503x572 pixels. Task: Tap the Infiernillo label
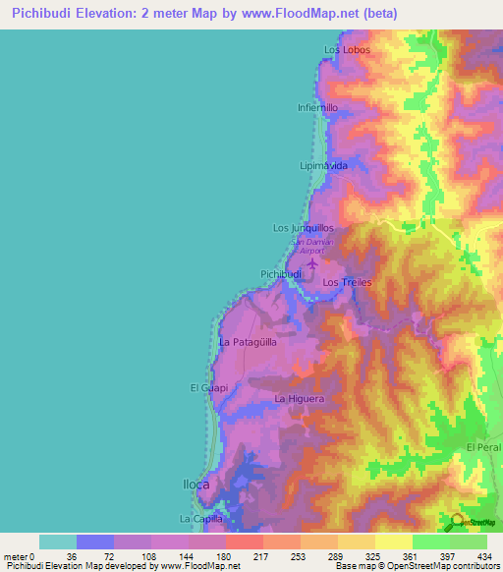tap(318, 107)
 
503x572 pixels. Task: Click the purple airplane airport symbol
tap(313, 262)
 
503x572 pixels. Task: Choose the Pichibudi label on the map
tap(281, 273)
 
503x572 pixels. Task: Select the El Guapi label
tap(208, 388)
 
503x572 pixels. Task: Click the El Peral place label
tap(483, 447)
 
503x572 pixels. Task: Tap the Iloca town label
tap(196, 485)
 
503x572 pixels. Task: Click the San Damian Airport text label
tap(310, 245)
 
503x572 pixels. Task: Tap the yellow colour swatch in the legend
tap(394, 542)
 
